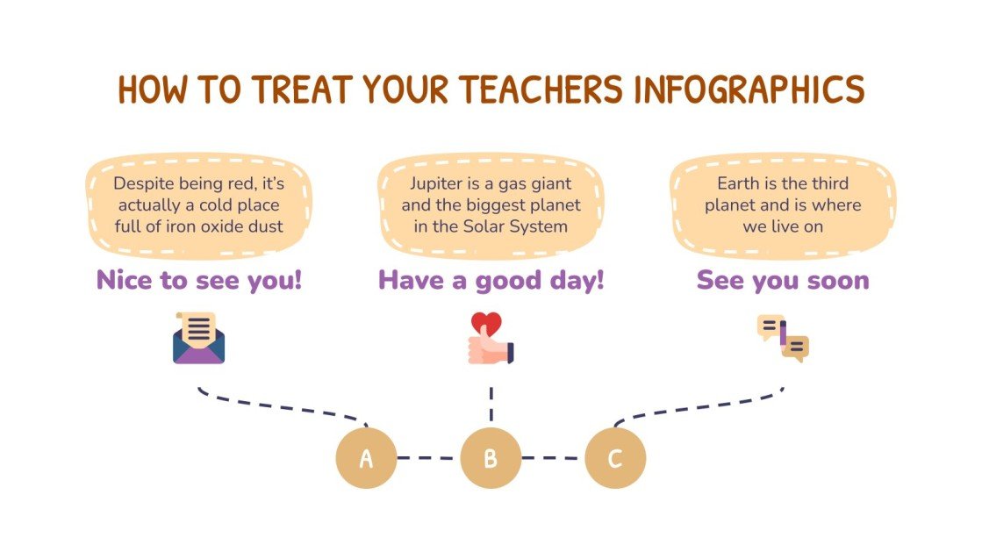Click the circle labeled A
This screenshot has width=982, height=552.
pyautogui.click(x=367, y=457)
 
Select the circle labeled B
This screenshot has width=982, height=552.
pyautogui.click(x=491, y=457)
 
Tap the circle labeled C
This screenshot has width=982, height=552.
pyautogui.click(x=615, y=457)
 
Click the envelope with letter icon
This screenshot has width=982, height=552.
pyautogui.click(x=199, y=339)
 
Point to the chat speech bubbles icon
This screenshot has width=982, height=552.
pyautogui.click(x=783, y=339)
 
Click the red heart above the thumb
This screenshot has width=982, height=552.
pyautogui.click(x=485, y=323)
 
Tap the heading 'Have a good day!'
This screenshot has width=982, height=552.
pyautogui.click(x=491, y=280)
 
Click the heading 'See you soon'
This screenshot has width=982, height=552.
pyautogui.click(x=783, y=280)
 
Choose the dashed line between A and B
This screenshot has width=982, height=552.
pyautogui.click(x=428, y=457)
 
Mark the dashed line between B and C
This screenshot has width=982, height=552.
pyautogui.click(x=553, y=457)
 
